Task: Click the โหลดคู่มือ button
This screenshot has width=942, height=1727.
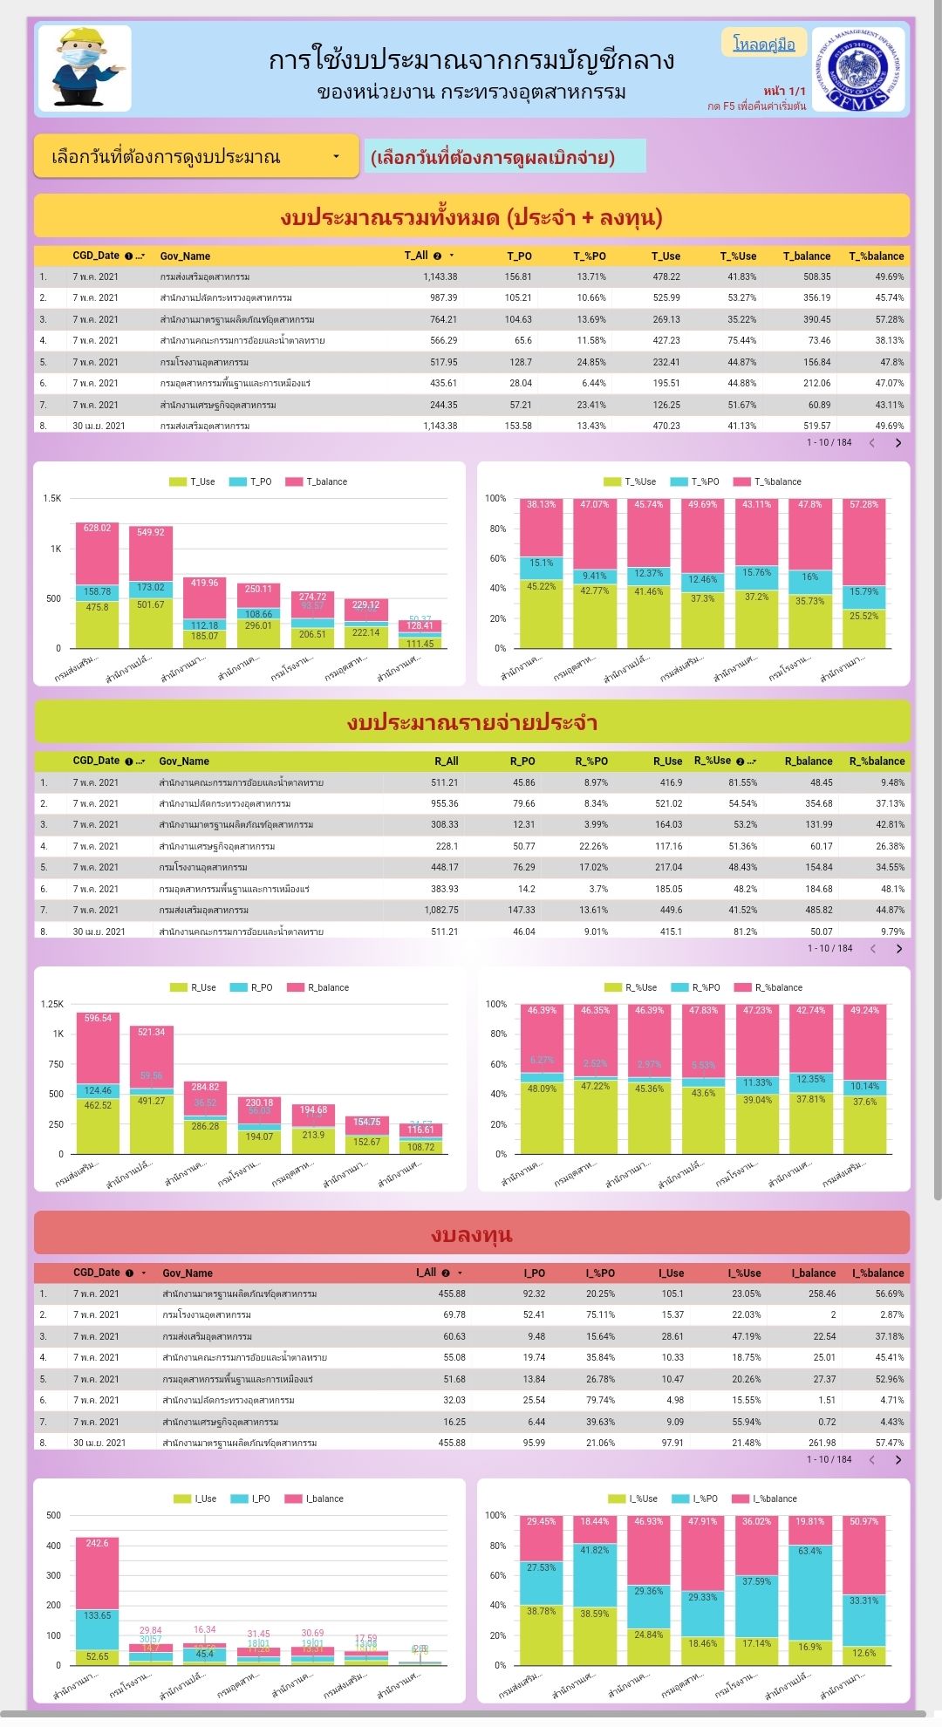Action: pos(764,44)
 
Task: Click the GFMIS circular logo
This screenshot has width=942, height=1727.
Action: pos(858,70)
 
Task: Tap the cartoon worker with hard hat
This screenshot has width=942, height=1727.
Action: pos(85,69)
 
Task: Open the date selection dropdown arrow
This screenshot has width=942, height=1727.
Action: pos(336,157)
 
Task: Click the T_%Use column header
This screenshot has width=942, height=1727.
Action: pos(738,256)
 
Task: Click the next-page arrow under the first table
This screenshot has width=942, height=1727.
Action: pos(898,443)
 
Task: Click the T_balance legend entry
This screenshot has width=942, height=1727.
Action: pos(318,481)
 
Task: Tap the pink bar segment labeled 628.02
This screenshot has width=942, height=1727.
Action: pos(97,553)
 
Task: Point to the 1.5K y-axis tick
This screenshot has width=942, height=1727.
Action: pos(52,499)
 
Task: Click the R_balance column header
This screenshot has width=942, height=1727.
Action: pos(808,761)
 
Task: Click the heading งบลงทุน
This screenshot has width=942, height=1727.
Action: pos(471,1234)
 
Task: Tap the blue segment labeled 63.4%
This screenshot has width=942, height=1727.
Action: pos(810,1593)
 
